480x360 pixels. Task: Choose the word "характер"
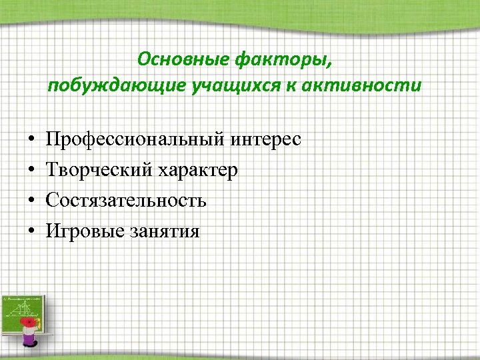198,171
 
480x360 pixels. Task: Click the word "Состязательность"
126,201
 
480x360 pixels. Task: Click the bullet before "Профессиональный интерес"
32,140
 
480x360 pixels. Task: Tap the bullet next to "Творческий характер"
32,171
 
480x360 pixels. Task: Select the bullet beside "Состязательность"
32,201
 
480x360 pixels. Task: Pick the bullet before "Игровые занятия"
32,231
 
